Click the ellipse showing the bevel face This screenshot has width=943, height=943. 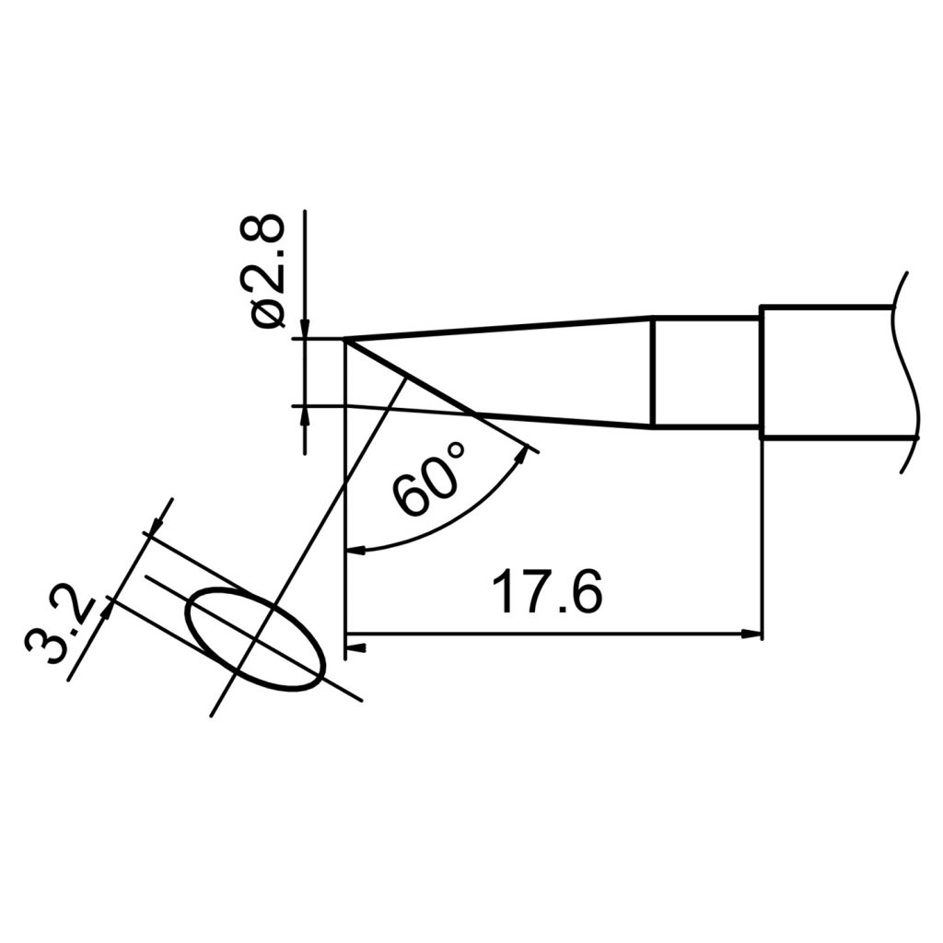point(256,638)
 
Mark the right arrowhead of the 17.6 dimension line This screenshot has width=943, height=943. point(754,634)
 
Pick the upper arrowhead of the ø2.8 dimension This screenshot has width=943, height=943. point(305,331)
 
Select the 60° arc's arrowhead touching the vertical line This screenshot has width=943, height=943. point(354,551)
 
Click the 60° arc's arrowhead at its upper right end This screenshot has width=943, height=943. point(528,453)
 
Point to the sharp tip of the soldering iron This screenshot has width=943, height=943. point(346,341)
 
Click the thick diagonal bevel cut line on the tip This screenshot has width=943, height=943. point(410,378)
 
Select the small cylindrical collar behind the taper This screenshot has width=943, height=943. point(706,372)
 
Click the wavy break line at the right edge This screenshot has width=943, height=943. point(908,372)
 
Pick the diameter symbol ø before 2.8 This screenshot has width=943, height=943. point(268,313)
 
